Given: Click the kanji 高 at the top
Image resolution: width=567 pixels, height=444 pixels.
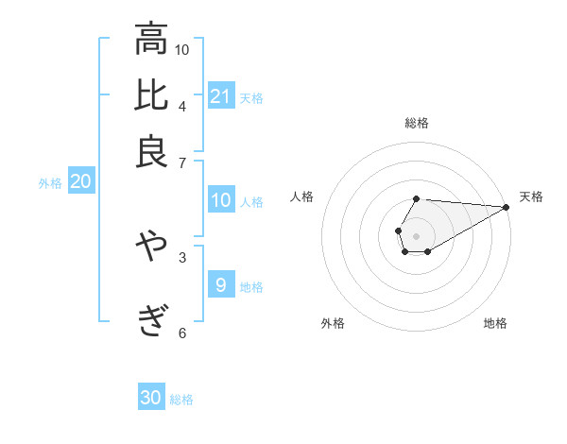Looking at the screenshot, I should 151,41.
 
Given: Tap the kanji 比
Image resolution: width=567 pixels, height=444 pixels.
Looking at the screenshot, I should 151,95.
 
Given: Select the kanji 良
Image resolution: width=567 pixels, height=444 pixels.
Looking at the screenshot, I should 151,150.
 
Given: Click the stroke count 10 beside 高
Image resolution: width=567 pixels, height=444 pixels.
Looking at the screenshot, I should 182,49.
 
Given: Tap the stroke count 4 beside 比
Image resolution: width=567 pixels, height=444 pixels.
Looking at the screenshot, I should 182,105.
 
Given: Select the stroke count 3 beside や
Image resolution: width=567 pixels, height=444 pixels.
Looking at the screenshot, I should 182,256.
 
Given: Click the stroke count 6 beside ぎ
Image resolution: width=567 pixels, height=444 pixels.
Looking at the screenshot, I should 182,332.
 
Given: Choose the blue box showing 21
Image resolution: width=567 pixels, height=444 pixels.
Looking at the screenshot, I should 221,95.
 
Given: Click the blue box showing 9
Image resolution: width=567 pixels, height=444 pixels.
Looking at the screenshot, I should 221,284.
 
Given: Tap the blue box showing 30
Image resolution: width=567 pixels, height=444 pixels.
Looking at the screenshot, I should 151,398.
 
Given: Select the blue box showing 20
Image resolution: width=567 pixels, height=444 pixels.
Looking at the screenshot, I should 80,181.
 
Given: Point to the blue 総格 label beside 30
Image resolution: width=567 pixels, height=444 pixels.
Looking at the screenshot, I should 181,400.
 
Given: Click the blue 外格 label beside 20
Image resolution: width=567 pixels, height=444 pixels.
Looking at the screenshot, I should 50,183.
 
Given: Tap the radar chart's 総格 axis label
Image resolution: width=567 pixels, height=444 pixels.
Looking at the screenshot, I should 417,123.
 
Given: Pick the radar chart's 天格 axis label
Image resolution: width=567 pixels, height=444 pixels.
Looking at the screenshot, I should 531,196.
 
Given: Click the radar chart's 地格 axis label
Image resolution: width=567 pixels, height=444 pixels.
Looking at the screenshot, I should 495,324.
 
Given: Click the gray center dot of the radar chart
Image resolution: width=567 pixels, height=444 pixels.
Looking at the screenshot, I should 416,234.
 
